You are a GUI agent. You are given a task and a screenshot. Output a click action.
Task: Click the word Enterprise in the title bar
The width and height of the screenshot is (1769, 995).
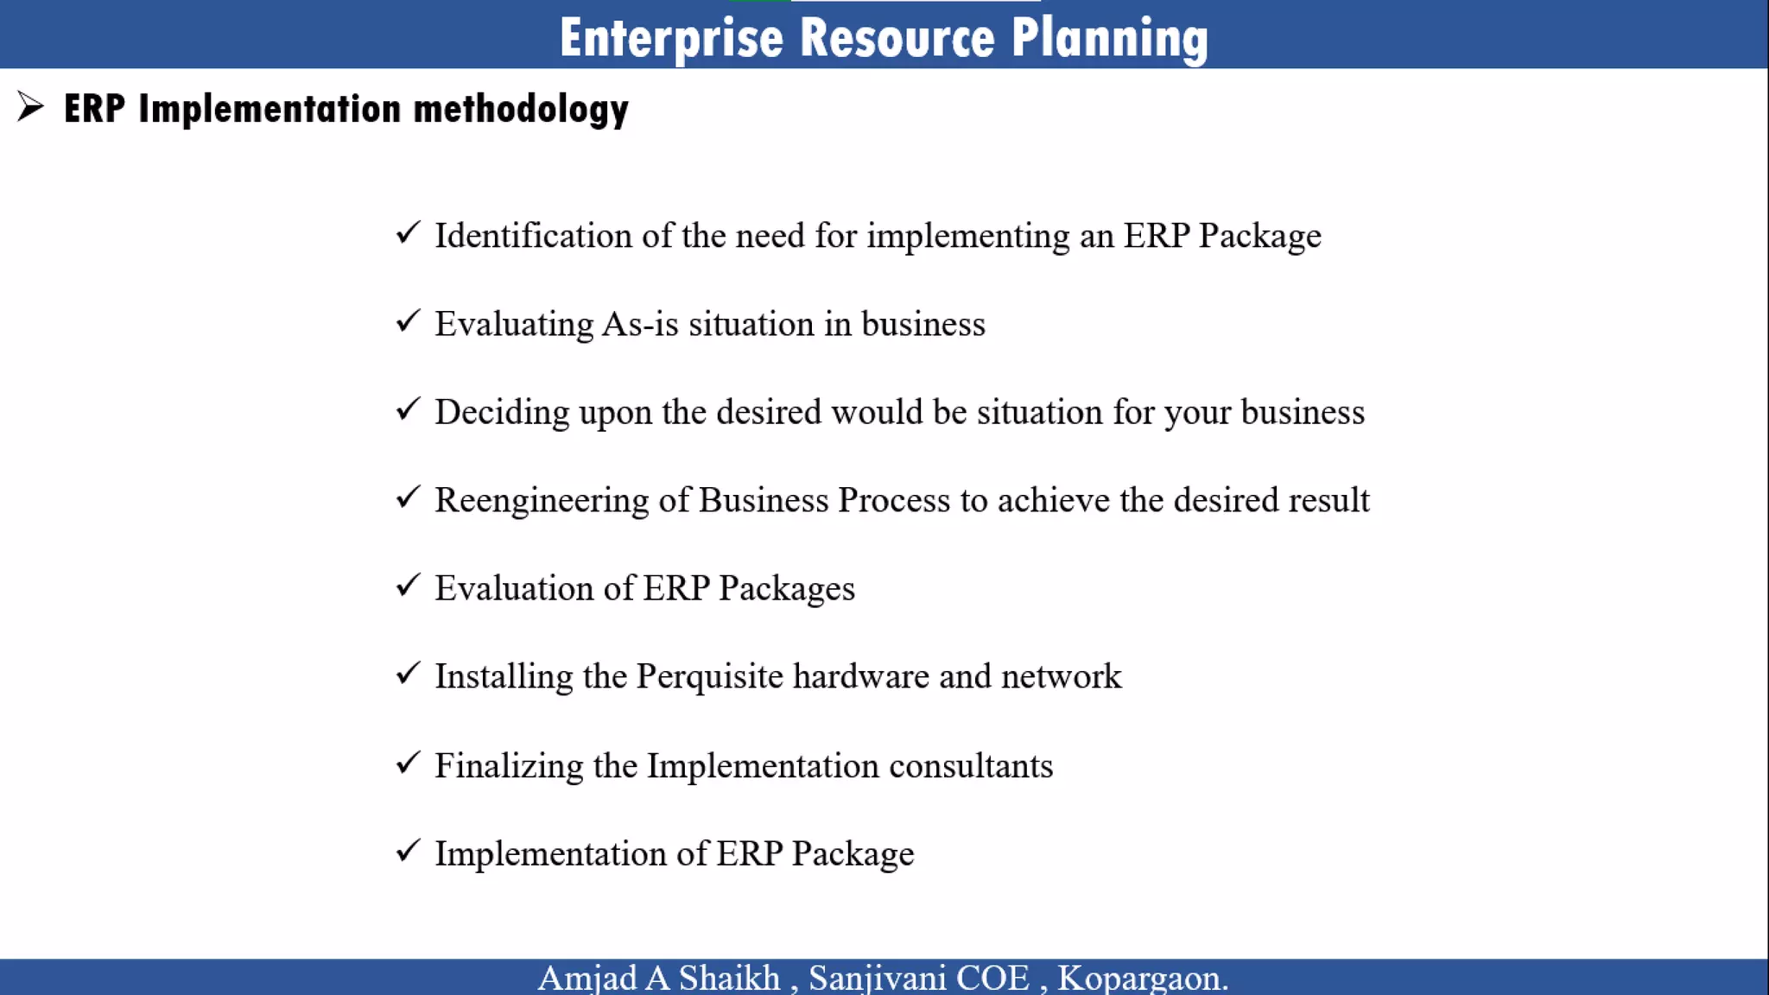click(670, 38)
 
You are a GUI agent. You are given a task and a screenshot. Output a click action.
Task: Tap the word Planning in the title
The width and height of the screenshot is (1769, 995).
click(1109, 38)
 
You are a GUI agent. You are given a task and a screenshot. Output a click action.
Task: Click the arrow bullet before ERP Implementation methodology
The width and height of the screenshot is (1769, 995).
click(30, 107)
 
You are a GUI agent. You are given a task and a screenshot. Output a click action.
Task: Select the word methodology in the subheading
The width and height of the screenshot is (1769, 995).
click(521, 110)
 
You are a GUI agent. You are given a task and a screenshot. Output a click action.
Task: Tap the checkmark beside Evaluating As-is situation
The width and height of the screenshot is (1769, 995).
click(408, 321)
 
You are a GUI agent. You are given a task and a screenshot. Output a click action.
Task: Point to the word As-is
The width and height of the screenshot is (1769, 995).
click(640, 324)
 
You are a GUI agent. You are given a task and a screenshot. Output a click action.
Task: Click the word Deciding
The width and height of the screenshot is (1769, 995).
click(502, 413)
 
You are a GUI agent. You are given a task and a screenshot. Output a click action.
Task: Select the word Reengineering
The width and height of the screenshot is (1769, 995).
click(542, 501)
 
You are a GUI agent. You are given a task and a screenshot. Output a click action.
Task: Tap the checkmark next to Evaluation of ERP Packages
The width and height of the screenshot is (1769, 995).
click(408, 586)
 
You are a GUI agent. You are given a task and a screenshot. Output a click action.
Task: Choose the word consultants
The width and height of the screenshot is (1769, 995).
click(971, 766)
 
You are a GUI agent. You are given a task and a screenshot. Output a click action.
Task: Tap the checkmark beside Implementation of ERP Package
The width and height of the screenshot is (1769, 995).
click(408, 851)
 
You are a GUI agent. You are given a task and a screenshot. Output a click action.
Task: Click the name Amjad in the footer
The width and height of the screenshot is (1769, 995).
click(587, 979)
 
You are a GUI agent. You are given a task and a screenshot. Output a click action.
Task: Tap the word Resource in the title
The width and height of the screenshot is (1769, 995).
click(897, 38)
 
